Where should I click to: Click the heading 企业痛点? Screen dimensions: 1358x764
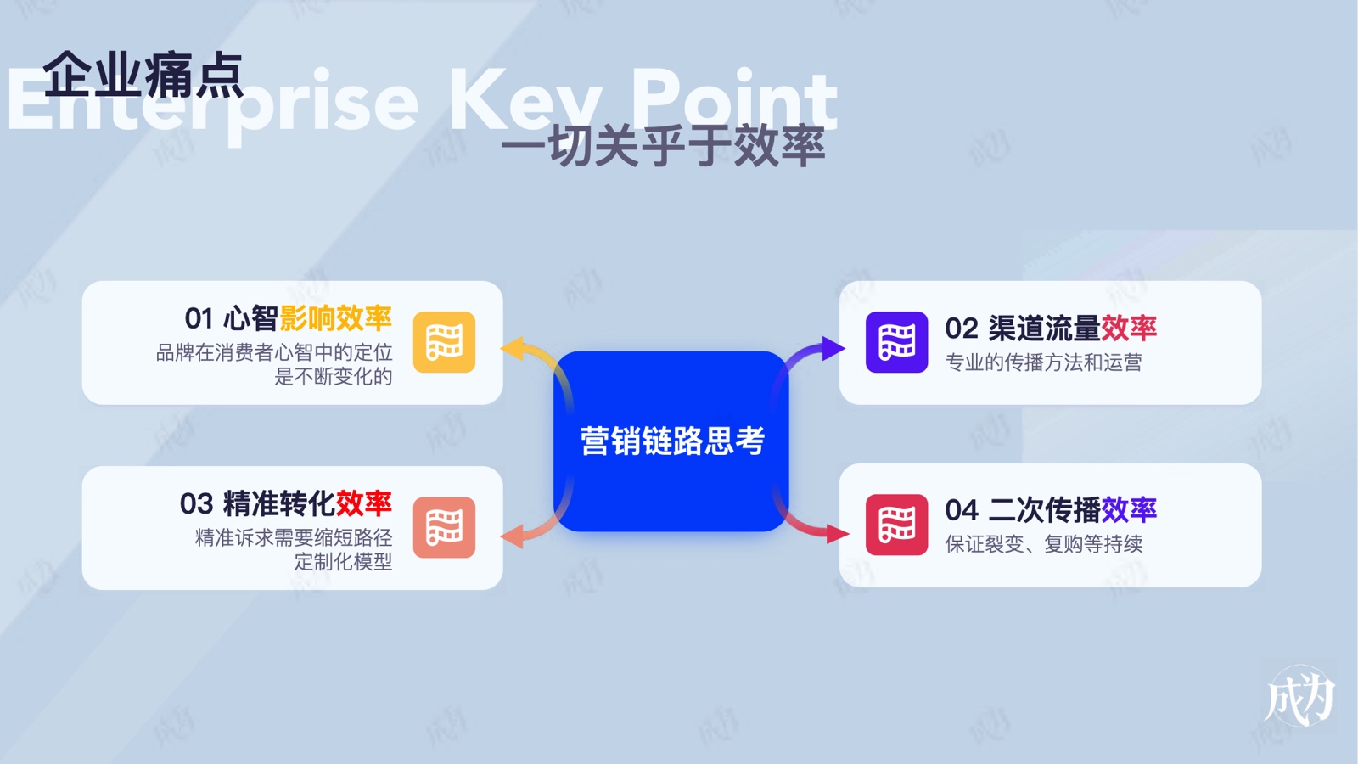(143, 75)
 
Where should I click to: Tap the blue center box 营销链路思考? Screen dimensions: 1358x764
(671, 441)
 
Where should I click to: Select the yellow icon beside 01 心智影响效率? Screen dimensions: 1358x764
(445, 342)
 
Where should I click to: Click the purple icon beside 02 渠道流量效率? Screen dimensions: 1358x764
(896, 342)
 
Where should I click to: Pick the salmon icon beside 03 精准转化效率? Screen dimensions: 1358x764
(445, 527)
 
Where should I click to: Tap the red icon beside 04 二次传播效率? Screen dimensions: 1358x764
(896, 525)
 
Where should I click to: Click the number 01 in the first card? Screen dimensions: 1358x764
(199, 318)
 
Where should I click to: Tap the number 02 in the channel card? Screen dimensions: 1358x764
(962, 329)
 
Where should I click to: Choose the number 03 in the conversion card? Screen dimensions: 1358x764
(196, 504)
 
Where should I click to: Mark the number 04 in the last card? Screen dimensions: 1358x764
(962, 510)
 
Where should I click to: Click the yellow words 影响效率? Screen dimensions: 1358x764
(336, 318)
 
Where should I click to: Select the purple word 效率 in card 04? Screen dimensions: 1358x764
(1129, 510)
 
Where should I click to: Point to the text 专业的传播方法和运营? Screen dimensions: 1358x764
(1043, 362)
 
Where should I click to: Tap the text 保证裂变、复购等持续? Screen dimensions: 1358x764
(1044, 544)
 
